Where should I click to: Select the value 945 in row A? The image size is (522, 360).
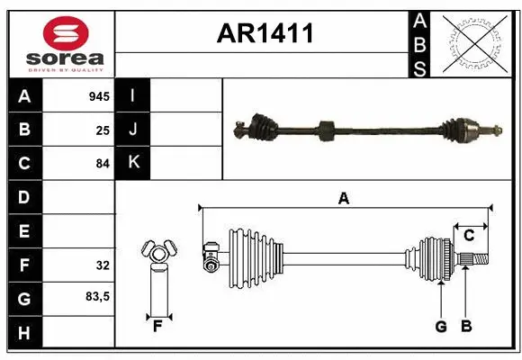[x=99, y=94]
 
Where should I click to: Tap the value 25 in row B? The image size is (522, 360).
[x=103, y=130]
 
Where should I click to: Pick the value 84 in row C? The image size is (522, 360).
[x=103, y=163]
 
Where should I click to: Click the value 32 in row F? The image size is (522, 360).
[x=103, y=265]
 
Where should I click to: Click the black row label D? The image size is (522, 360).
[x=23, y=197]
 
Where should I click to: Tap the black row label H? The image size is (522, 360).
[x=23, y=333]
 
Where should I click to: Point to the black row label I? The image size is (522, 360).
[x=133, y=94]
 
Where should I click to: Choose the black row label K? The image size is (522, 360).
[x=133, y=163]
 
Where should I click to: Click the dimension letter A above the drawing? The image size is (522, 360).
[x=343, y=199]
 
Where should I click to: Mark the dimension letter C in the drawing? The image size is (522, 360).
[x=469, y=236]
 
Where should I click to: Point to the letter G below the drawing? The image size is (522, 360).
[x=440, y=327]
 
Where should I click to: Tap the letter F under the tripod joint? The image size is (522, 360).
[x=157, y=327]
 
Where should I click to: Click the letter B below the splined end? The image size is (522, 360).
[x=465, y=327]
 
